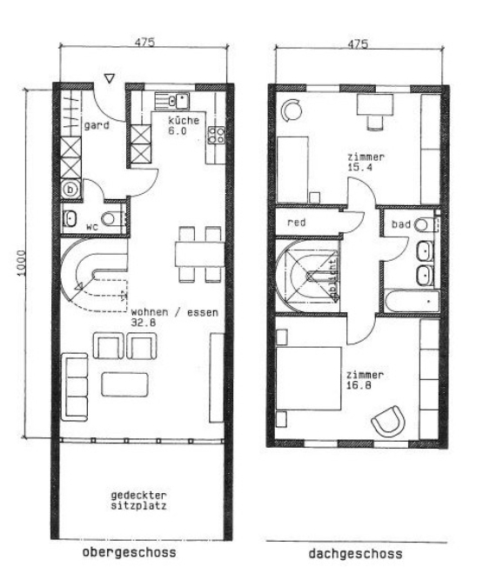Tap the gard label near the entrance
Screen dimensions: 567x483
tap(96, 125)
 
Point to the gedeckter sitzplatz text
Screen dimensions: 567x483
tap(139, 499)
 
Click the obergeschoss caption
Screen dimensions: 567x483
tap(129, 552)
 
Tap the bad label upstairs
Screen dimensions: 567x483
tap(399, 224)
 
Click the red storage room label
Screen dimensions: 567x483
tap(296, 223)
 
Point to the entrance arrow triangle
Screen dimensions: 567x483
tap(109, 79)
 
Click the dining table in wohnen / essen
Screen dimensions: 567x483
tap(198, 254)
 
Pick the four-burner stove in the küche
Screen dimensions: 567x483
tap(217, 136)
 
